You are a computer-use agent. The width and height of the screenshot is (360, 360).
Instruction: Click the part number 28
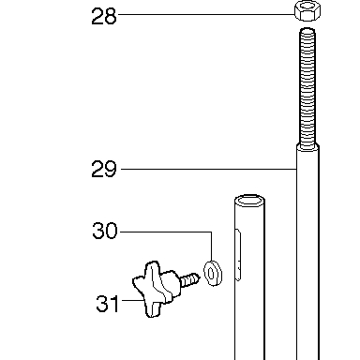[x=104, y=17]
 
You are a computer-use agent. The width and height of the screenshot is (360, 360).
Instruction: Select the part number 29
[x=104, y=169]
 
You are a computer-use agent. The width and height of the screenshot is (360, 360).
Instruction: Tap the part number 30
[x=105, y=231]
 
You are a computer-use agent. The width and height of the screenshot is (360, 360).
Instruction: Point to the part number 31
[x=108, y=304]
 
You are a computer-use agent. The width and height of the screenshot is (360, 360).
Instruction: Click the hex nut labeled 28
[x=307, y=11]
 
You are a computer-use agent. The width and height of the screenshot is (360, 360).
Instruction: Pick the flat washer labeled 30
[x=213, y=273]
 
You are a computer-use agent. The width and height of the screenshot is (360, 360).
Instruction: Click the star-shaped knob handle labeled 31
[x=156, y=289]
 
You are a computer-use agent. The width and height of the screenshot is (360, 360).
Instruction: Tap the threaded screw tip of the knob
[x=189, y=279]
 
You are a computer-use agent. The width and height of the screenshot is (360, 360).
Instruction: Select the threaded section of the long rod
[x=307, y=88]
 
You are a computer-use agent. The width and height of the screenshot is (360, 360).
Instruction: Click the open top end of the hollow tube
[x=249, y=201]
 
